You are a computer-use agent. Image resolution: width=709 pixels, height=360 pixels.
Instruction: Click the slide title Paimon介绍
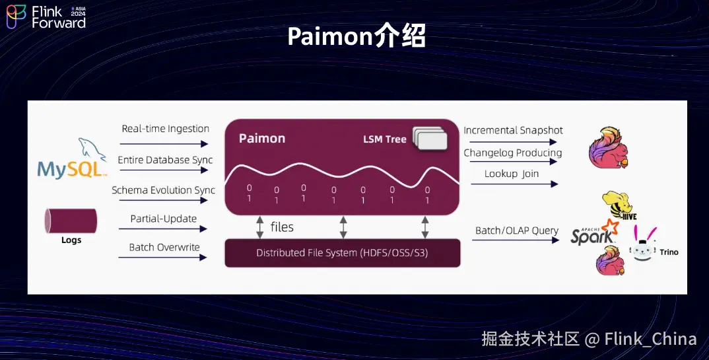pos(356,36)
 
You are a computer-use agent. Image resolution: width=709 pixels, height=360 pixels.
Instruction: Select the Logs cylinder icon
pos(71,221)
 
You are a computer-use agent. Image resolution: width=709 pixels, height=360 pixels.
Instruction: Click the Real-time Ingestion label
pos(166,128)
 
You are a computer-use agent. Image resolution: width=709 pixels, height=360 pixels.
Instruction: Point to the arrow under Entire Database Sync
pos(164,170)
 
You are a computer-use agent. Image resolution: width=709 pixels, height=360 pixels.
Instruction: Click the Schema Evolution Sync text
pos(163,190)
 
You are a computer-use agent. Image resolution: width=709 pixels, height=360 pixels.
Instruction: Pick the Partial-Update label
pos(164,219)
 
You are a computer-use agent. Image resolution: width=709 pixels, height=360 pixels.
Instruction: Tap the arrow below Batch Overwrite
pos(163,258)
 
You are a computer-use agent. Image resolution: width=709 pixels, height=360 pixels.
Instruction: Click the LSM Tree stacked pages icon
pos(430,139)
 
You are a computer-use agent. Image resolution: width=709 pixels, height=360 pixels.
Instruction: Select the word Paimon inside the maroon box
pos(262,139)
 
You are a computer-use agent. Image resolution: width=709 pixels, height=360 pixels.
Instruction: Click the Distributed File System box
pos(343,253)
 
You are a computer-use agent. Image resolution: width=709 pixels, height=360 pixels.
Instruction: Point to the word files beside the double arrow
pos(282,227)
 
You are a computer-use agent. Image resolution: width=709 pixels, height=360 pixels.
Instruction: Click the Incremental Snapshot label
pos(513,130)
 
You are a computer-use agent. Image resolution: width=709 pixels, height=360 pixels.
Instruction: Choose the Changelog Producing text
pos(513,153)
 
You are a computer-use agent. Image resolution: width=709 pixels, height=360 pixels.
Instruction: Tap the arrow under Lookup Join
pos(514,184)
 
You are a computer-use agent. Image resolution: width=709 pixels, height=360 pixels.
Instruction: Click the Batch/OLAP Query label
pos(517,231)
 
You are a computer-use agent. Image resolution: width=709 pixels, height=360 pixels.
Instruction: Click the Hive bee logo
pos(619,206)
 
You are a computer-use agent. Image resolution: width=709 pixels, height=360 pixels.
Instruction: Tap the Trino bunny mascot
pos(643,244)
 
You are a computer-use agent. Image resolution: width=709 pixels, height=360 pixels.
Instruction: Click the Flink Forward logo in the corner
pos(46,17)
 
